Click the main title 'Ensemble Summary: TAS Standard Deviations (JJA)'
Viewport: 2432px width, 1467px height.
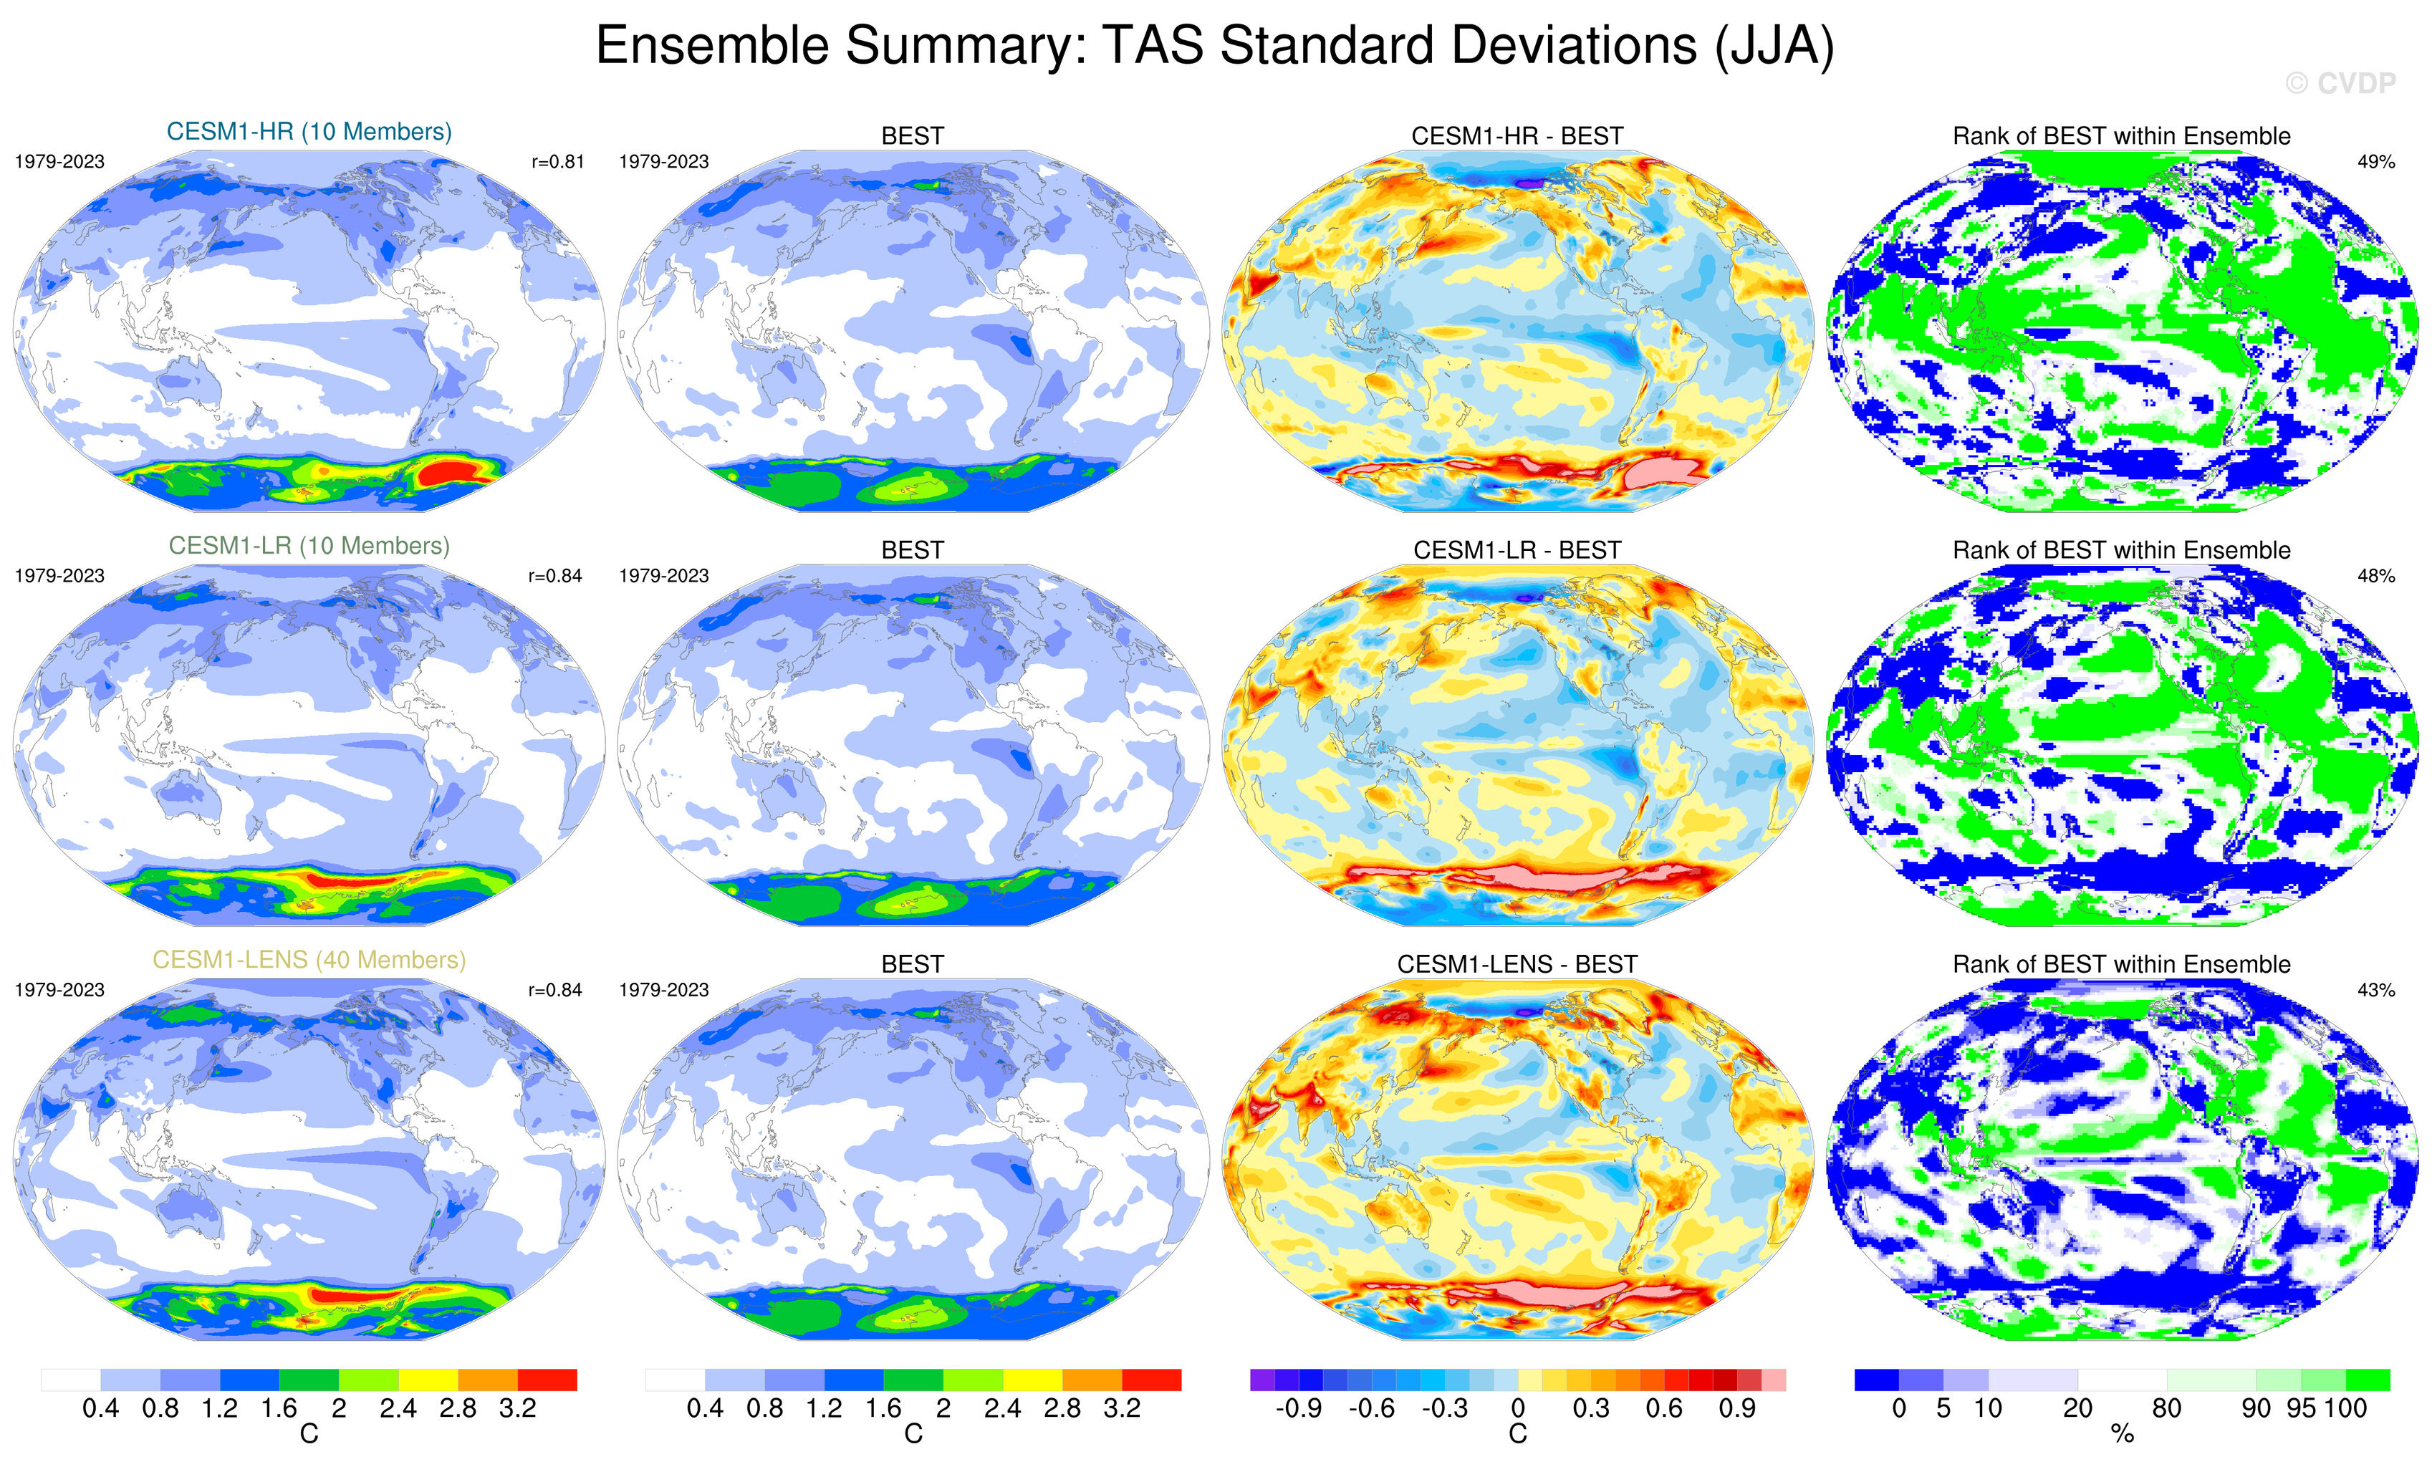point(1215,47)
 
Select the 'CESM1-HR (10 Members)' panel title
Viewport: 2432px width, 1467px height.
point(309,133)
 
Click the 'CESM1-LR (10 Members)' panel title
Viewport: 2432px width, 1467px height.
point(309,546)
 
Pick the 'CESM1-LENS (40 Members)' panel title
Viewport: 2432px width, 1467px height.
point(309,960)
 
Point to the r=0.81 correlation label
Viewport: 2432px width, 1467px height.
point(557,162)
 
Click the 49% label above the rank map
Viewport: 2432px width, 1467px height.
point(2375,162)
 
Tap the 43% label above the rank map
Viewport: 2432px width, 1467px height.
point(2375,990)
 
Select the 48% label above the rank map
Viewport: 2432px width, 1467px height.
point(2375,575)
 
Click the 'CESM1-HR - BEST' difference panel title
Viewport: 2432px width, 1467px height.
point(1517,136)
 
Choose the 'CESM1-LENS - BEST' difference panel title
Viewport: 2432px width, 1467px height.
point(1517,964)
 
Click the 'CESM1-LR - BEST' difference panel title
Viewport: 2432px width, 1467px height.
point(1517,550)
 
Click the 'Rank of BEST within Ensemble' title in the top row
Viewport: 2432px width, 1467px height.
point(2121,136)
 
